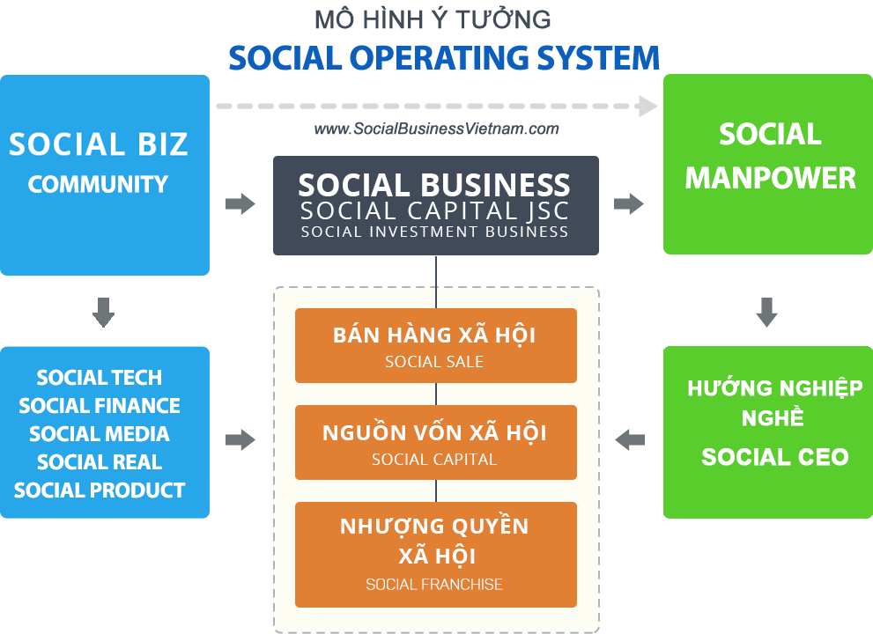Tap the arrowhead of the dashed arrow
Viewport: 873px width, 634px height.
click(647, 107)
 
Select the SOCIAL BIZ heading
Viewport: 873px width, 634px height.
click(99, 144)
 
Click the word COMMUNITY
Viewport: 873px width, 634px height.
click(98, 184)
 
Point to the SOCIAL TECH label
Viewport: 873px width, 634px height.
click(100, 378)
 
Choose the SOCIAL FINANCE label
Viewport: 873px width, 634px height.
click(100, 406)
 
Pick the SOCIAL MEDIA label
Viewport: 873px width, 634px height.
click(100, 434)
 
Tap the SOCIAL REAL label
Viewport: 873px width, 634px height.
click(100, 462)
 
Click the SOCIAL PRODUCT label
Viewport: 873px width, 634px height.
click(100, 490)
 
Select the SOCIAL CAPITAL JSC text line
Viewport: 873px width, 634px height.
click(435, 211)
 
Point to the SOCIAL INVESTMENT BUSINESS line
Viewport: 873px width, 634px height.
click(435, 232)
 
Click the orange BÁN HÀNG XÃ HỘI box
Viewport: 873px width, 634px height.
click(435, 345)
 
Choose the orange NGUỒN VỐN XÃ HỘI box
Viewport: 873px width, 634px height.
click(435, 442)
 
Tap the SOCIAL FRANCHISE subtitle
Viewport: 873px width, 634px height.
click(434, 584)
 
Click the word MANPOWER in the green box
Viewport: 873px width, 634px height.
click(771, 178)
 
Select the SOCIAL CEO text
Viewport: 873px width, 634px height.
click(775, 457)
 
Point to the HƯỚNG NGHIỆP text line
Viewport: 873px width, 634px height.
click(775, 388)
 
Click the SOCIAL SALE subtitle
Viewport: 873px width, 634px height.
click(434, 362)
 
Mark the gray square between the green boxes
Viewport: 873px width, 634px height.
click(766, 312)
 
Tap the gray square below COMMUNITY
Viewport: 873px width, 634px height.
click(104, 312)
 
